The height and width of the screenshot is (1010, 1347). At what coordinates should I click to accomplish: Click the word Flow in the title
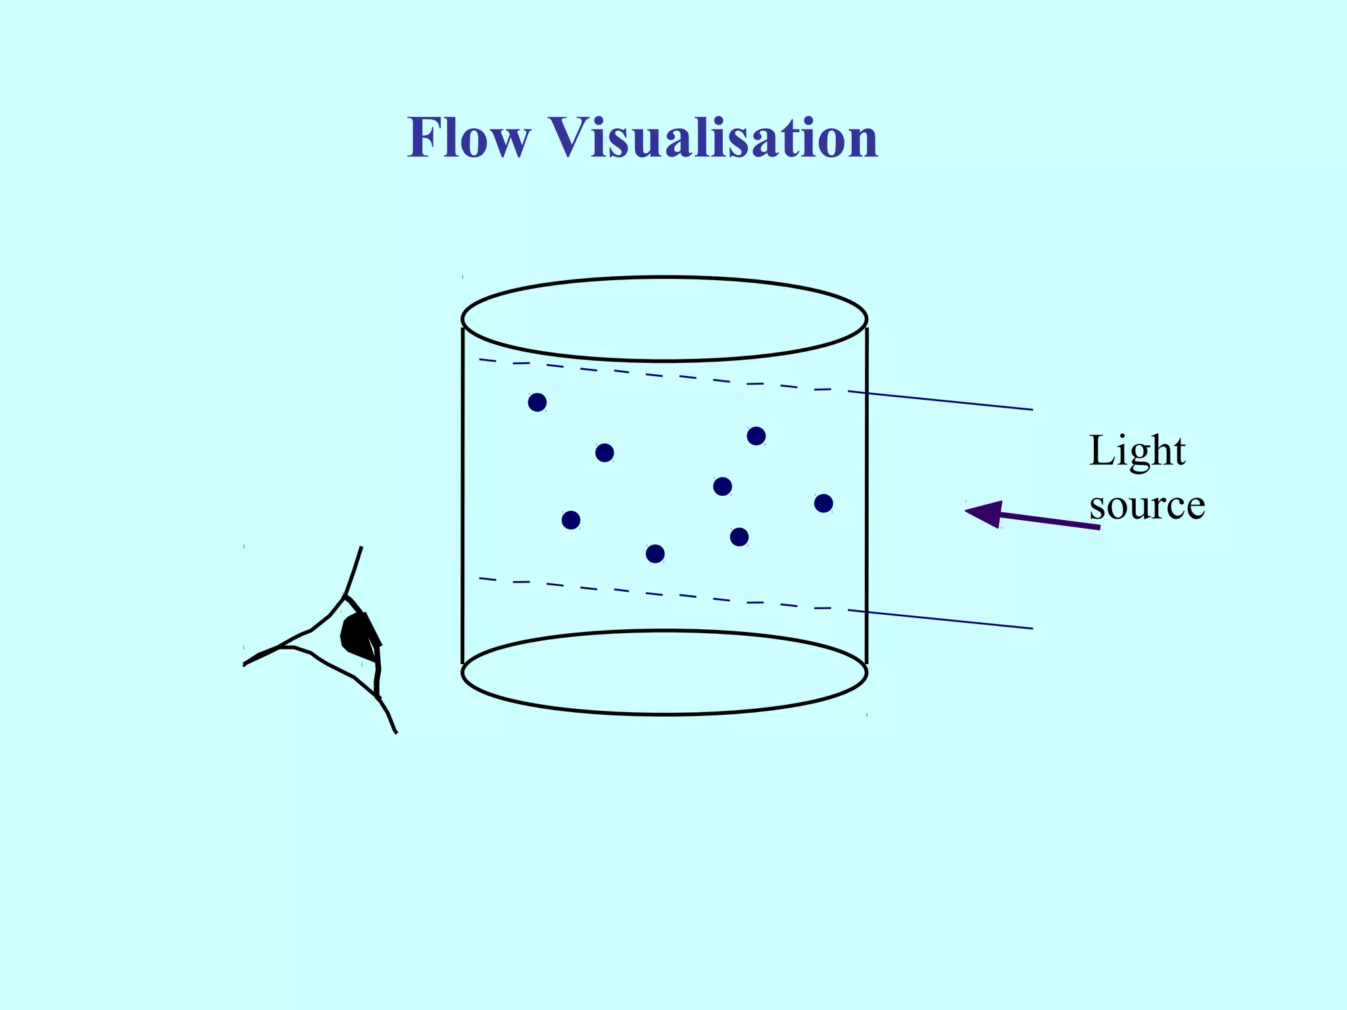point(468,137)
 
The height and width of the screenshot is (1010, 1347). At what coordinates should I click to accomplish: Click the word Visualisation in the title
point(714,137)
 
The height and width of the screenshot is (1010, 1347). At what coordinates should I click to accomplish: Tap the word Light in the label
point(1137,452)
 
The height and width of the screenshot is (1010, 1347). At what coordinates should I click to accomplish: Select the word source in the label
point(1147,506)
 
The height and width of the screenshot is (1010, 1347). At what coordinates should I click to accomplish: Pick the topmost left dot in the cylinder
point(537,402)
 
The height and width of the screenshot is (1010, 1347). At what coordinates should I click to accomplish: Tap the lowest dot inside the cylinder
point(655,554)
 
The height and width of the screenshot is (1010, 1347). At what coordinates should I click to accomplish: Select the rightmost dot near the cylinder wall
point(823,504)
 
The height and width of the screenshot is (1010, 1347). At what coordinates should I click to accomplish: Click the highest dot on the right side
point(756,436)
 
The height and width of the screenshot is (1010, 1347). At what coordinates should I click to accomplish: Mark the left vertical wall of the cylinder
point(462,493)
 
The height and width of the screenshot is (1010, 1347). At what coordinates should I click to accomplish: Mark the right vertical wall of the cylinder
point(867,493)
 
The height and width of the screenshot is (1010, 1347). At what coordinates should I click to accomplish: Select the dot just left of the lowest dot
point(571,520)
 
